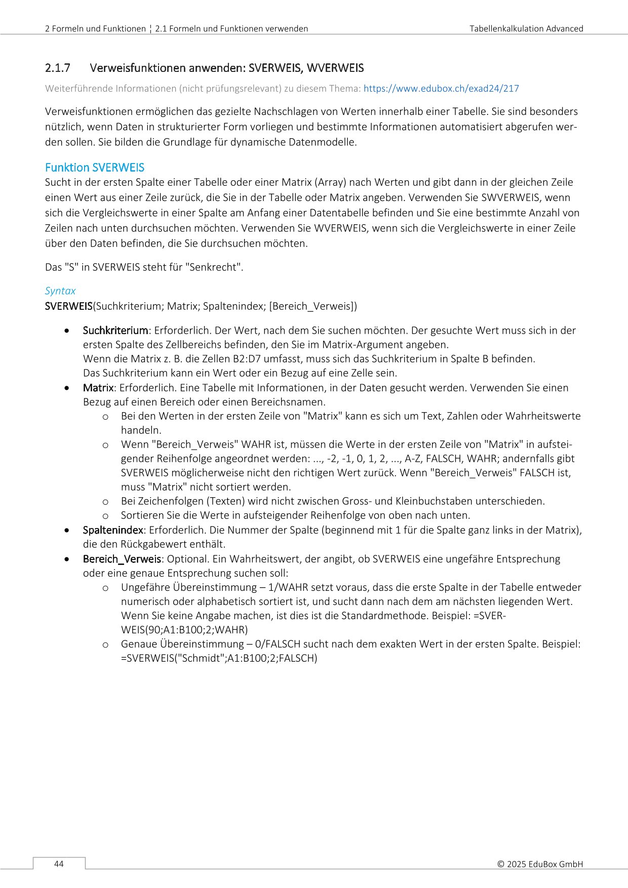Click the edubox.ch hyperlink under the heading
click(x=441, y=89)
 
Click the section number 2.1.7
click(x=58, y=68)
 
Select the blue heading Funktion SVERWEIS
click(x=95, y=168)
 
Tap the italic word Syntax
click(x=60, y=291)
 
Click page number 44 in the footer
click(x=59, y=864)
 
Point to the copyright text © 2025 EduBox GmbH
click(x=540, y=864)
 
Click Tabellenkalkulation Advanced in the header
click(x=526, y=29)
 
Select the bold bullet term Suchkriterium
click(x=115, y=331)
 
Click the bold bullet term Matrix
click(x=98, y=388)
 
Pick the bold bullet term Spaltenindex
click(x=113, y=530)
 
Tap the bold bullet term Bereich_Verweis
click(x=122, y=559)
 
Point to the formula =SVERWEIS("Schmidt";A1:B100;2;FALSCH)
click(x=219, y=658)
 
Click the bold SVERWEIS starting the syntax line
click(x=69, y=306)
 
